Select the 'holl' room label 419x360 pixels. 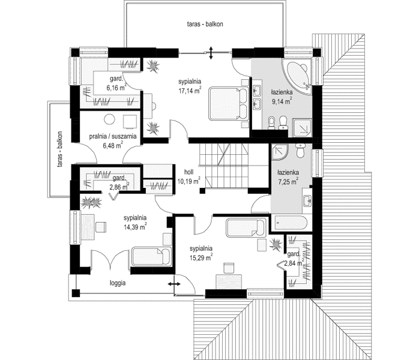(189, 172)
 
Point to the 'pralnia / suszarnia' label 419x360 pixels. (113, 136)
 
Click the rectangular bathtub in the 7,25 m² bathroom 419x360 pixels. (289, 223)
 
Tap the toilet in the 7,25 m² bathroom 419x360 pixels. (301, 151)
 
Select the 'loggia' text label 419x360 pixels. (118, 283)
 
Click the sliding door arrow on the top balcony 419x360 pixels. (211, 53)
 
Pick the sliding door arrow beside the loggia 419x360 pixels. (173, 284)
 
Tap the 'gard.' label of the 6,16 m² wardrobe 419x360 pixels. (116, 79)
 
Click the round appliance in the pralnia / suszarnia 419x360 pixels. (109, 119)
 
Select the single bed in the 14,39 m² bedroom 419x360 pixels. (151, 256)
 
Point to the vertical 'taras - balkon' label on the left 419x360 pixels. (60, 149)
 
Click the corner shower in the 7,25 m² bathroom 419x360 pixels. (280, 152)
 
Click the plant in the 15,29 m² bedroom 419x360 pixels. (276, 244)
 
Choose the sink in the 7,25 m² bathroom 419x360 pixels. (307, 200)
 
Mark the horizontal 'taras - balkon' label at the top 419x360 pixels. (205, 24)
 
